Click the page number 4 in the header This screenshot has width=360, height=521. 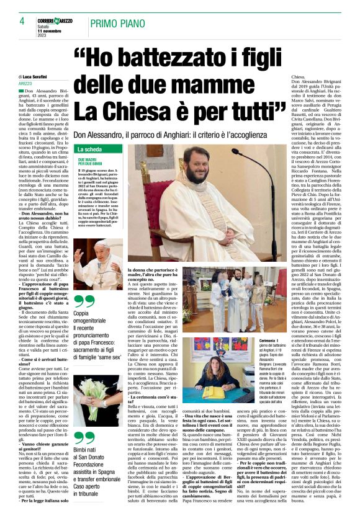tap(21, 21)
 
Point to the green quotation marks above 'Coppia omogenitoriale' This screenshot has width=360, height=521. tap(82, 301)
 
